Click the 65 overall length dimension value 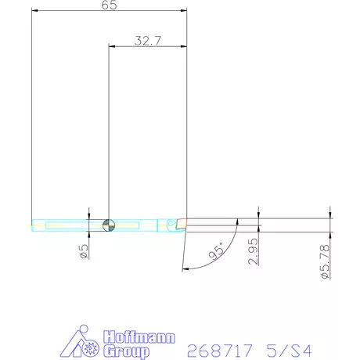coord(109,5)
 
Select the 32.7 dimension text coord(148,41)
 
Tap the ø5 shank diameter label coord(84,251)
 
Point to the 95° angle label coord(217,250)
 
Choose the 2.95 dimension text coord(254,251)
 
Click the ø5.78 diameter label coord(326,261)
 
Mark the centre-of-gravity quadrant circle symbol coord(109,225)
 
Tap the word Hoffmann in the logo coord(139,337)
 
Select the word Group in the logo coord(127,351)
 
